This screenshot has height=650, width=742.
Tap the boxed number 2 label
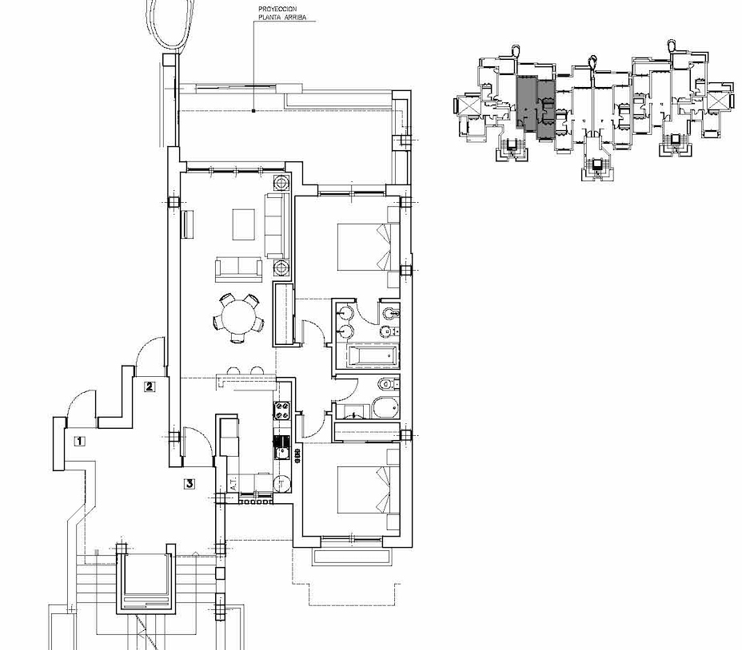[x=150, y=386]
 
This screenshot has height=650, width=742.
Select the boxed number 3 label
[x=189, y=482]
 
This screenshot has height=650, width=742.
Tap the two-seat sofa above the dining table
[x=237, y=268]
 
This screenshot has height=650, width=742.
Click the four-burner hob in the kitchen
[x=282, y=413]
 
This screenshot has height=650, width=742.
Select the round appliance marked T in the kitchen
[x=282, y=483]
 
